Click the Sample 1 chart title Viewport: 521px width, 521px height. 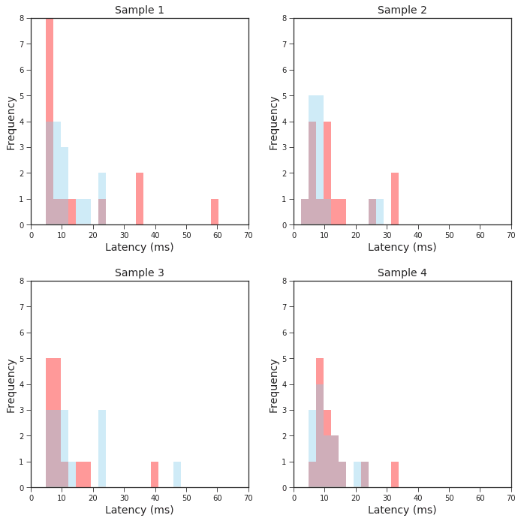pyautogui.click(x=139, y=10)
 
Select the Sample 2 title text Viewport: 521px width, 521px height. pyautogui.click(x=402, y=10)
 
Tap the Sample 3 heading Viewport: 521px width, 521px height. pyautogui.click(x=139, y=273)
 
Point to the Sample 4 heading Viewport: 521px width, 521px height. pyautogui.click(x=402, y=273)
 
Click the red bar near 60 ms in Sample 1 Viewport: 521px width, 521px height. pyautogui.click(x=215, y=212)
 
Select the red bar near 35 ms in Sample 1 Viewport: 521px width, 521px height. pyautogui.click(x=140, y=199)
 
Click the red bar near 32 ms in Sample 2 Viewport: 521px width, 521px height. pyautogui.click(x=395, y=199)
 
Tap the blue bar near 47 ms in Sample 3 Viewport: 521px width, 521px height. pyautogui.click(x=177, y=474)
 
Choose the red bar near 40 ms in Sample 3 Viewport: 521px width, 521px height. pyautogui.click(x=155, y=474)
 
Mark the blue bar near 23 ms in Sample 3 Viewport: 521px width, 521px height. pyautogui.click(x=102, y=449)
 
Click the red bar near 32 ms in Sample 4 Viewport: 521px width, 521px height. pyautogui.click(x=395, y=474)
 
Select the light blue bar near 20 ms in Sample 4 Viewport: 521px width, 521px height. pyautogui.click(x=357, y=474)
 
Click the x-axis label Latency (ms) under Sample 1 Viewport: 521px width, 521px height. pyautogui.click(x=139, y=247)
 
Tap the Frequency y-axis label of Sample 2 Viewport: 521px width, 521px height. pyautogui.click(x=274, y=122)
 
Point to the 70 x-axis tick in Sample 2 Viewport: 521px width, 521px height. pyautogui.click(x=511, y=234)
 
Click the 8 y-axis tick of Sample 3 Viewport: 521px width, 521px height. pyautogui.click(x=22, y=282)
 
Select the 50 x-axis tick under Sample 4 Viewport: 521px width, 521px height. pyautogui.click(x=449, y=497)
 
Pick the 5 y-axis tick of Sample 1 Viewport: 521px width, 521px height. pyautogui.click(x=22, y=96)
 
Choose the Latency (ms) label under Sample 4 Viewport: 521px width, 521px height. pyautogui.click(x=402, y=510)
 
